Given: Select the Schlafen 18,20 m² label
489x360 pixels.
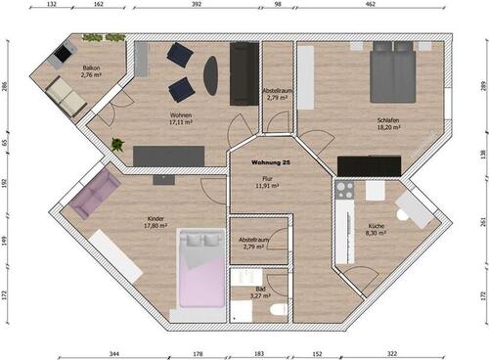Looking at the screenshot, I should (388, 123).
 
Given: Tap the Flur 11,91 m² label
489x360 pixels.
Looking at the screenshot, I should (261, 182).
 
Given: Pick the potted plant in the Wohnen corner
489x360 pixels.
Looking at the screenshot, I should (118, 145).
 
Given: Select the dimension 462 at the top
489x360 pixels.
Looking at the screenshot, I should (371, 5).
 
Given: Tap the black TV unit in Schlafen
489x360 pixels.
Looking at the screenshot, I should (370, 166).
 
